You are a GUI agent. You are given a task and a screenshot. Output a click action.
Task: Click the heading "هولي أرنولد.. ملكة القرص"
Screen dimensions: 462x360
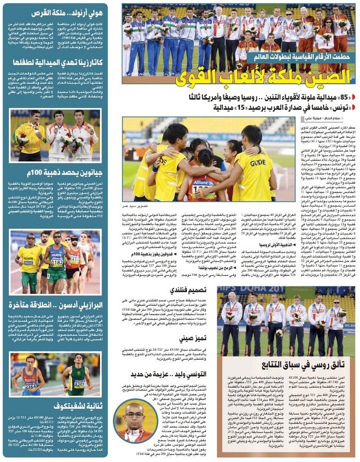[x=68, y=13]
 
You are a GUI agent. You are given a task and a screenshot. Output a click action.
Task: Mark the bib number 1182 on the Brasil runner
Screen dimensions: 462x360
[x=57, y=262]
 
